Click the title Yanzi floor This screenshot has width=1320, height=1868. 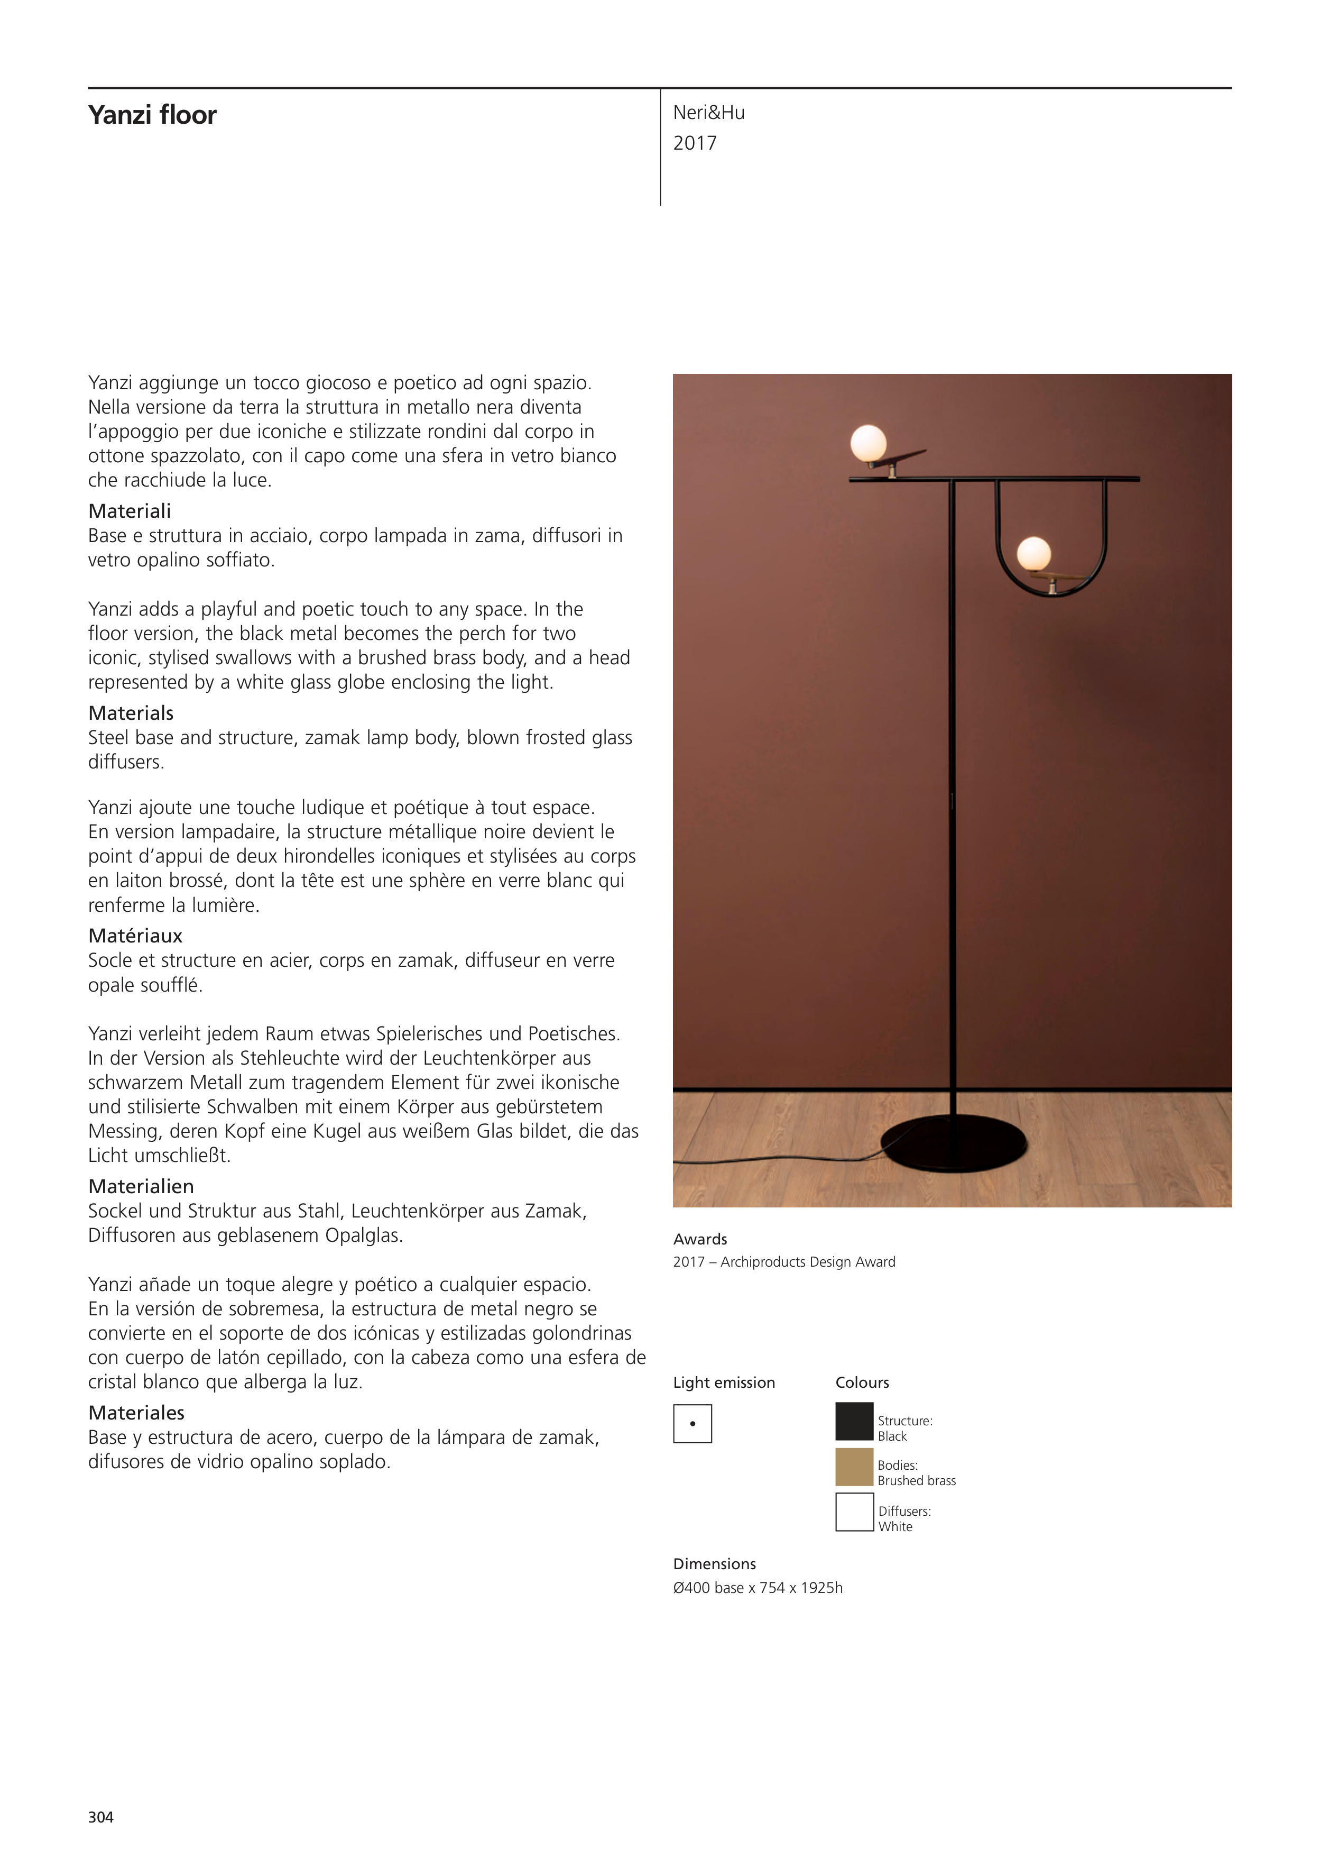click(152, 115)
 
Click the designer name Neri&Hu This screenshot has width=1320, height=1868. click(708, 113)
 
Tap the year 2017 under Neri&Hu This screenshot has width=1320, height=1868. click(695, 143)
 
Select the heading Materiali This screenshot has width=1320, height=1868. click(130, 511)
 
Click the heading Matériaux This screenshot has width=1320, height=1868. click(135, 936)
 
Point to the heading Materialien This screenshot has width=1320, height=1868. click(141, 1186)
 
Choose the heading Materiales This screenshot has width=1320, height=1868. click(136, 1413)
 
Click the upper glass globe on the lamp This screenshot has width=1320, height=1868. click(868, 443)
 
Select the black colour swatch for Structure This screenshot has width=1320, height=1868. click(854, 1421)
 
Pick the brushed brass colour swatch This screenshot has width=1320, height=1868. click(854, 1467)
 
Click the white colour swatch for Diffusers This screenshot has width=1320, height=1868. click(854, 1513)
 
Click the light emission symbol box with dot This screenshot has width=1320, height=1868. click(692, 1424)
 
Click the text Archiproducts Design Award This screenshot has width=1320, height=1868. click(808, 1262)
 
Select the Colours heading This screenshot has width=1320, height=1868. click(862, 1382)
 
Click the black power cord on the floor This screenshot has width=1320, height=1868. click(781, 1160)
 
